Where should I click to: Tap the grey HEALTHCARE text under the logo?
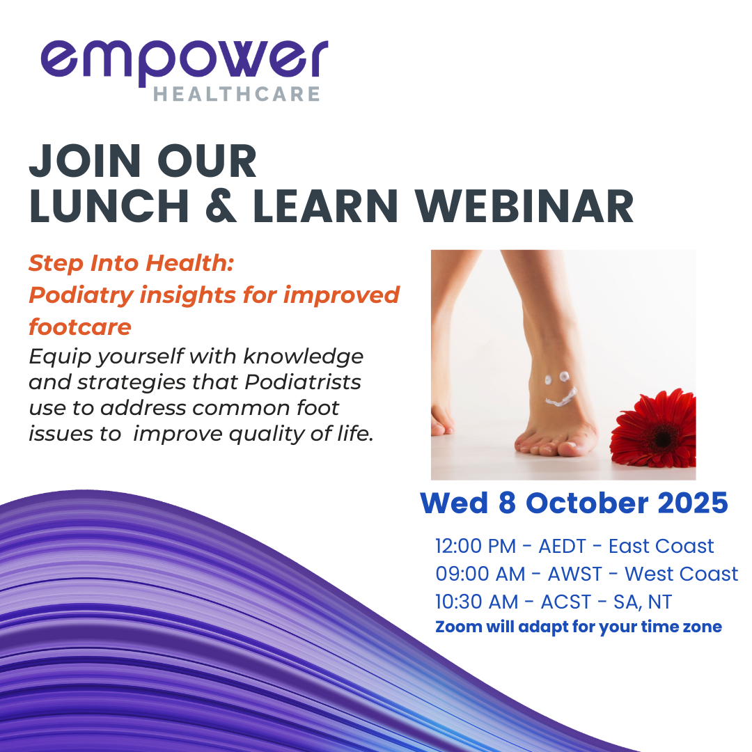pyautogui.click(x=237, y=94)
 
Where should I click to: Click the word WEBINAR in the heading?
pyautogui.click(x=525, y=206)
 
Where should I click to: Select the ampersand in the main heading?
pyautogui.click(x=221, y=206)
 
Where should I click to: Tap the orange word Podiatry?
pyautogui.click(x=81, y=295)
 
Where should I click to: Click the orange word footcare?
pyautogui.click(x=80, y=327)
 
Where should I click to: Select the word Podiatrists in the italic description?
pyautogui.click(x=303, y=382)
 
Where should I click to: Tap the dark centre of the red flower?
pyautogui.click(x=664, y=439)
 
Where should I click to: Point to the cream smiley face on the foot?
pyautogui.click(x=560, y=389)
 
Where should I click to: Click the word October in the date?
pyautogui.click(x=587, y=503)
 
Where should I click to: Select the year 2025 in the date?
pyautogui.click(x=693, y=503)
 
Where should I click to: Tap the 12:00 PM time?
pyautogui.click(x=476, y=547)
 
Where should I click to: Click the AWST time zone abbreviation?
pyautogui.click(x=574, y=574)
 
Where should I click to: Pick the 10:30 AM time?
pyautogui.click(x=477, y=602)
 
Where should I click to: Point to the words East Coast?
pyautogui.click(x=661, y=547)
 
